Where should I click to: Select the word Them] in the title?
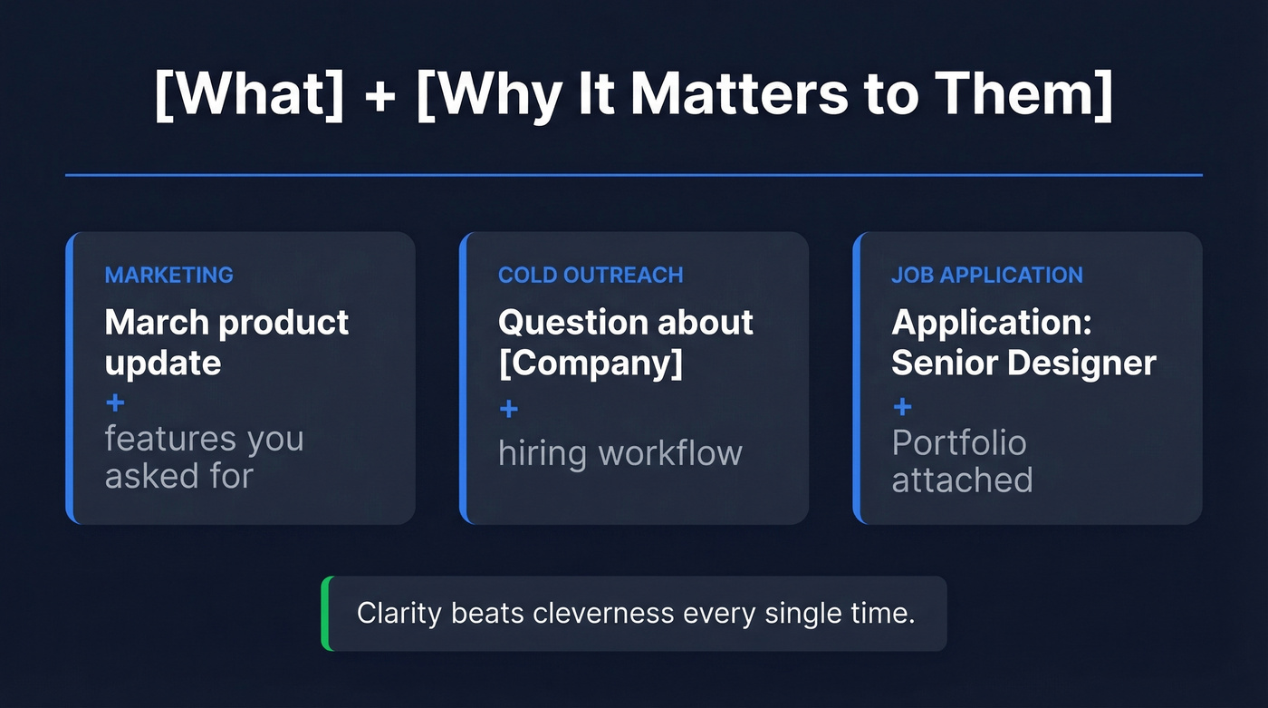[x=1032, y=92]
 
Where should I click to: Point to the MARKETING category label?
[x=169, y=275]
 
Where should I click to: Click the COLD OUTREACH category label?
[x=591, y=275]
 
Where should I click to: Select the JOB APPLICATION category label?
[x=987, y=275]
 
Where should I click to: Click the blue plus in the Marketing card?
[x=115, y=402]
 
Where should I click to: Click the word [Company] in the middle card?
[x=591, y=363]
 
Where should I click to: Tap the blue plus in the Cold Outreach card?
[x=509, y=409]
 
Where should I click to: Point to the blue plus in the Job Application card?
[x=902, y=406]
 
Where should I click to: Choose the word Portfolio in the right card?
[x=959, y=443]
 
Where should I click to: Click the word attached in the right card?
[x=962, y=480]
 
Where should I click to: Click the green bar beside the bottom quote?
[x=326, y=614]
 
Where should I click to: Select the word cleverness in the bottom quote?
[x=604, y=614]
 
